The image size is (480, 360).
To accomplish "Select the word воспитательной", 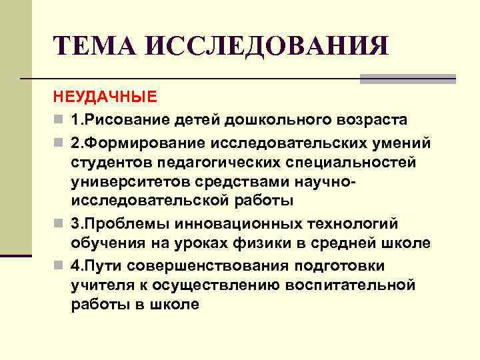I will coord(356,285).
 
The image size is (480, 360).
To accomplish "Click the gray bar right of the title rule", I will coord(407,79).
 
